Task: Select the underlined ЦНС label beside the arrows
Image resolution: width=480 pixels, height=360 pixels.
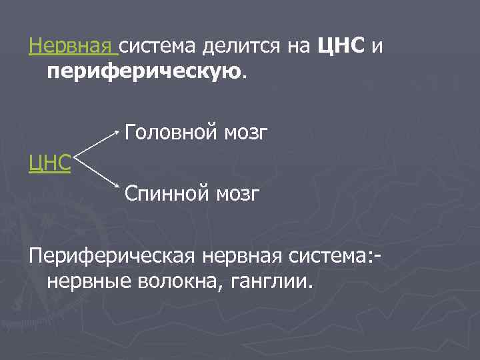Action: [50, 163]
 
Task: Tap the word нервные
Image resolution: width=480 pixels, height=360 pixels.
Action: [89, 281]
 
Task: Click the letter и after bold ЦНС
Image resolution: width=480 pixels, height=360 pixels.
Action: [377, 46]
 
